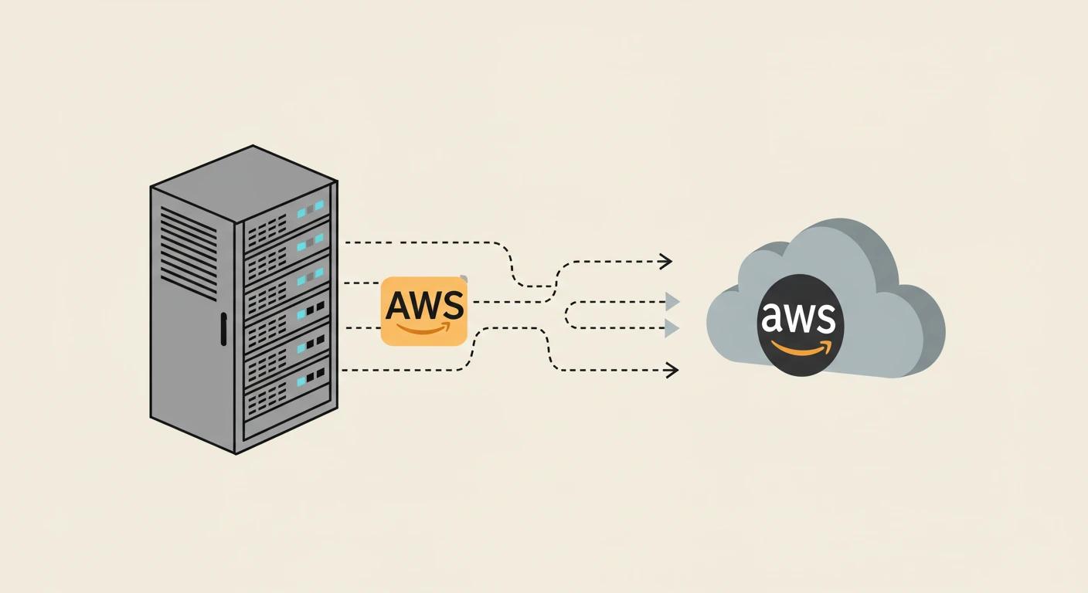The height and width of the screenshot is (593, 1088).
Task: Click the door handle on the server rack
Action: coord(223,329)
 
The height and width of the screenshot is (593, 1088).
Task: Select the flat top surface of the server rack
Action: coord(243,183)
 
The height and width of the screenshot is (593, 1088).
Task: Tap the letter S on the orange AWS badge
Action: coord(454,306)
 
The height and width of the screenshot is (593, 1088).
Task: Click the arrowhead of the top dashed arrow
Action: coord(665,262)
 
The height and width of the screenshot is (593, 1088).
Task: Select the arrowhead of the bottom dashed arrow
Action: coord(671,371)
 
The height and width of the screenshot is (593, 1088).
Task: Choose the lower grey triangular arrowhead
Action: coord(672,329)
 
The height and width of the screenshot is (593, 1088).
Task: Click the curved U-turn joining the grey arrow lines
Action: coord(569,315)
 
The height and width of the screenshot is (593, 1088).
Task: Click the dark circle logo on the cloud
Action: coord(801,325)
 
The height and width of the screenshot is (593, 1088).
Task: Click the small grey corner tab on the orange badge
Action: coord(463,278)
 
